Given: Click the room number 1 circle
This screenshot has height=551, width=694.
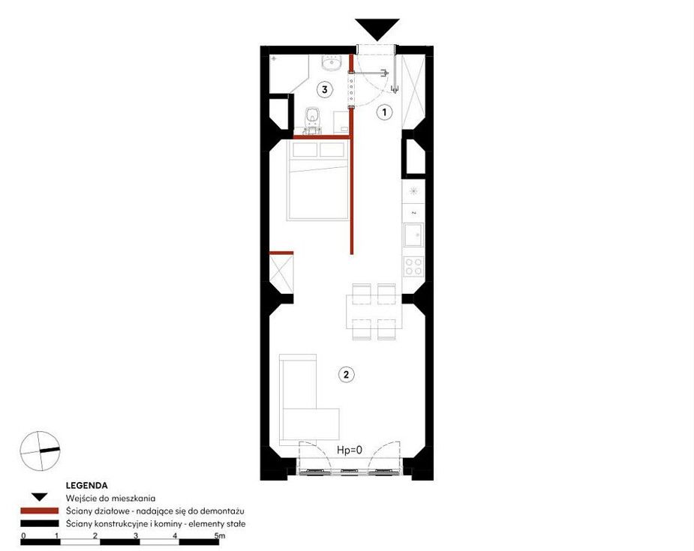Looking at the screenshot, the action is coord(384,112).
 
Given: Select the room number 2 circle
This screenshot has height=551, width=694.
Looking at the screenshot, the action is coord(346,375).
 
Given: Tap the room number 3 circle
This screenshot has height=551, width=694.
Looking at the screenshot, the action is coord(324,90).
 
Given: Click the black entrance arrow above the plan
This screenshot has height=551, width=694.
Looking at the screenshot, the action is coord(377,29).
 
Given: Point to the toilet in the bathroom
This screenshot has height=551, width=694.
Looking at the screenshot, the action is coord(312,120).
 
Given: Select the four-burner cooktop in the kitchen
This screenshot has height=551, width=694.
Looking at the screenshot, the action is coord(414,266).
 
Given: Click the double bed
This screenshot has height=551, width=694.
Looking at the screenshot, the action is coord(318,180).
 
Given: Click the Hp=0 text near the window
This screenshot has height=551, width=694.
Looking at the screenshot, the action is coord(350,451).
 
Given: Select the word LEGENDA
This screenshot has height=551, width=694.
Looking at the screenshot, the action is coord(87,486).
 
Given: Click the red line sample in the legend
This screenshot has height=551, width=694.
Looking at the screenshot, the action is coord(40,511).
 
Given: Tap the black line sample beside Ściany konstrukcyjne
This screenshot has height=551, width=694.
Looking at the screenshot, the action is coord(40,523).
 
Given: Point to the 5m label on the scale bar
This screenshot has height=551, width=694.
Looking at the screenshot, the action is coord(220,535).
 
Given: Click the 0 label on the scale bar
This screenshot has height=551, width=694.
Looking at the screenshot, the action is coord(23,535).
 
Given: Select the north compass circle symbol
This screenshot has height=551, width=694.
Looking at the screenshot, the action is coord(40,451).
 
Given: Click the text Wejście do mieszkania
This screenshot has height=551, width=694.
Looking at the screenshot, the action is coord(110,499).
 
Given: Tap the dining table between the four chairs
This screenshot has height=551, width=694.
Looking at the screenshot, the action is coord(374,312).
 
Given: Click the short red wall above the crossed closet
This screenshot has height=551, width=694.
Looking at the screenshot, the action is coord(281,253).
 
